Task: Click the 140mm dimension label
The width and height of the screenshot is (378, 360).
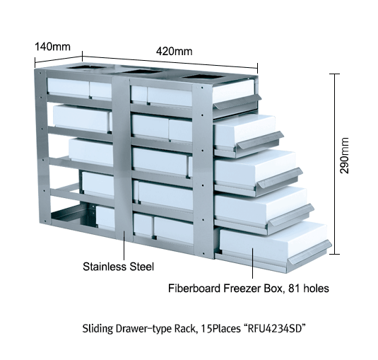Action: [x=53, y=47]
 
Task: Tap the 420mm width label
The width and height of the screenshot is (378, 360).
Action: [x=174, y=51]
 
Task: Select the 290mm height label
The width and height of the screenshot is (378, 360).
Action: [x=344, y=156]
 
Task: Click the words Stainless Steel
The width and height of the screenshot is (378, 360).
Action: [x=118, y=267]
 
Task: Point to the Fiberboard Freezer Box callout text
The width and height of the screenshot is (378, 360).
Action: [x=249, y=289]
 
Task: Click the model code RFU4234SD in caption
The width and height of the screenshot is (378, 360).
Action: [x=276, y=328]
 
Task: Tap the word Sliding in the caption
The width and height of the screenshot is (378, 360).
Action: [x=98, y=329]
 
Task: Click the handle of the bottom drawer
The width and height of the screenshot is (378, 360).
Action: [x=310, y=252]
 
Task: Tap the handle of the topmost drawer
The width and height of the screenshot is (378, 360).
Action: [x=238, y=102]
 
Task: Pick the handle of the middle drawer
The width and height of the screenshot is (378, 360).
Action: [x=280, y=178]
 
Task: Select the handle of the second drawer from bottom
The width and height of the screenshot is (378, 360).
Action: [x=292, y=215]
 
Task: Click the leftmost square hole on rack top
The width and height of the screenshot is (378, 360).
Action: [x=86, y=66]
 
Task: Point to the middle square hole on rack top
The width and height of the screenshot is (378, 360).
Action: [x=143, y=71]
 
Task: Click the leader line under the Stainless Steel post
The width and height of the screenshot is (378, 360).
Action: [x=124, y=245]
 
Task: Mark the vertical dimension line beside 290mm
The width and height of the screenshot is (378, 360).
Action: [x=334, y=164]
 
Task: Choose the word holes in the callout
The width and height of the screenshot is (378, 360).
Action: [x=316, y=289]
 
